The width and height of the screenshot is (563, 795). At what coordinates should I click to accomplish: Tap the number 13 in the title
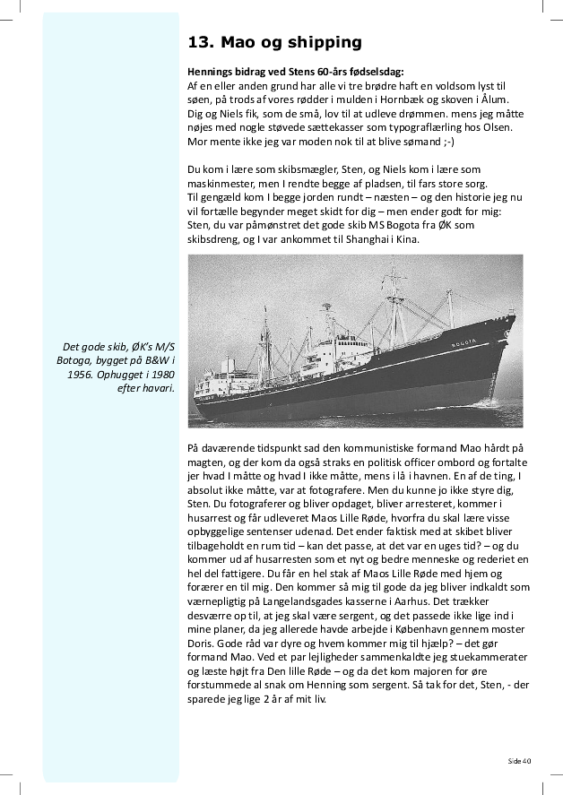tap(198, 41)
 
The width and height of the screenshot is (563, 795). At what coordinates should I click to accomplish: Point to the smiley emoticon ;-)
tap(448, 142)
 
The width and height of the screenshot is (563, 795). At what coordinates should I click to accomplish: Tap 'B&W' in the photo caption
tap(154, 360)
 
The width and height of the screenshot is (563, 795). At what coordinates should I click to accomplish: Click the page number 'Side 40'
tap(519, 760)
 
